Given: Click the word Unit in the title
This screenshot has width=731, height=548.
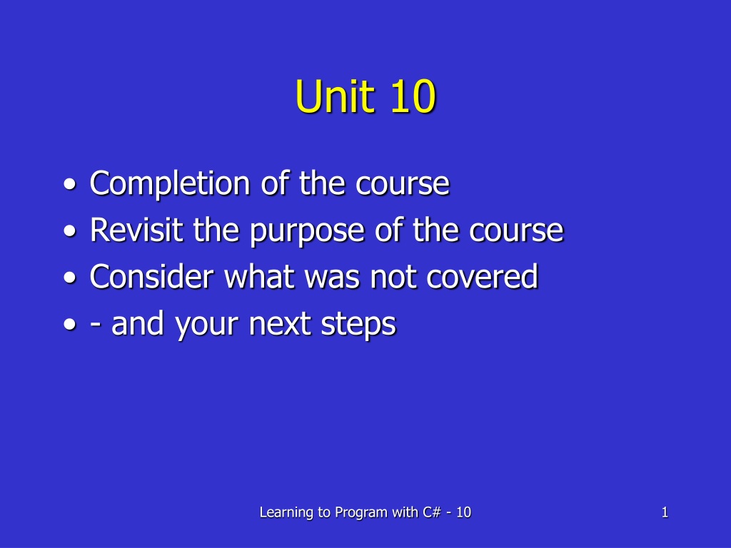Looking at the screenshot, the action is [336, 96].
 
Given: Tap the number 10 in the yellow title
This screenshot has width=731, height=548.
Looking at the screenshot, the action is [413, 96].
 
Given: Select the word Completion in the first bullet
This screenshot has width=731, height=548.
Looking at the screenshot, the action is [170, 183].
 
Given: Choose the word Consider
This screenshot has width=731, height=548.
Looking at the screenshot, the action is [151, 276].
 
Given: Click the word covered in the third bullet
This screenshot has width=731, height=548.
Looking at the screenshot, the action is [483, 276].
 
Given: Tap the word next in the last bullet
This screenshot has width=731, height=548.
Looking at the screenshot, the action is [280, 324].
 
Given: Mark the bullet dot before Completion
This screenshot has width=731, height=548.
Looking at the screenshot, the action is [70, 185].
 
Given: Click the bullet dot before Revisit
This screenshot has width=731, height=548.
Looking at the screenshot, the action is [70, 230].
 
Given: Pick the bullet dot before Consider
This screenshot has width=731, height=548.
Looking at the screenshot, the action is [70, 278].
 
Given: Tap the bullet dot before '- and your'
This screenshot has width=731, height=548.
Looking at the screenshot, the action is [70, 325].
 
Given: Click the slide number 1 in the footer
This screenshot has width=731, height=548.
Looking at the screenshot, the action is [665, 512].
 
